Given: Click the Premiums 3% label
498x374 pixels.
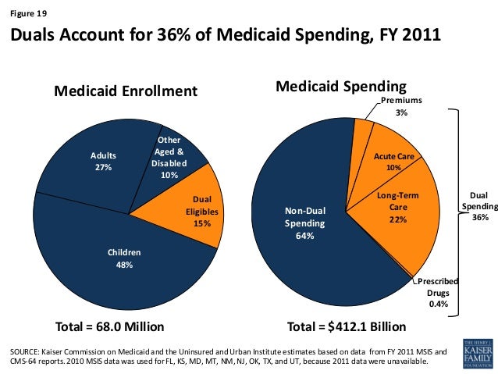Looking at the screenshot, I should [401, 107].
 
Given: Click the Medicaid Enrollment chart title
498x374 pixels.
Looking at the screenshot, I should [125, 91].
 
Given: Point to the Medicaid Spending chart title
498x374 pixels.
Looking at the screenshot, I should [341, 85].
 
